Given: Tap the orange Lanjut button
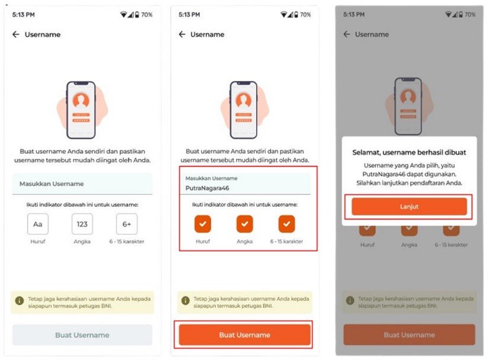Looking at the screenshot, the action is (409, 206).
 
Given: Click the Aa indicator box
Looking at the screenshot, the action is (38, 224).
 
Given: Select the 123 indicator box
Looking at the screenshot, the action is (82, 224).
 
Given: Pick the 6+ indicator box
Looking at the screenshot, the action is (127, 224).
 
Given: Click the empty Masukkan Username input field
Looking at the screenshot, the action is (82, 184).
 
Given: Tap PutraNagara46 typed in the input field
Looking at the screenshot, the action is (207, 188).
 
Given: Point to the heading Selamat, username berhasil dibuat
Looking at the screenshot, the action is (409, 152).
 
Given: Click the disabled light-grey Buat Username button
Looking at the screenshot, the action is (82, 335).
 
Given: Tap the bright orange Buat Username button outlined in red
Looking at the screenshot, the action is (245, 335).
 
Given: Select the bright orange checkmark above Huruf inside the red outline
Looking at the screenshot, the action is (203, 224).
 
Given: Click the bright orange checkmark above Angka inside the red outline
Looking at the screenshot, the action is (245, 224).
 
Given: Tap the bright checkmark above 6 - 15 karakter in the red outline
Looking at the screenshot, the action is (287, 224).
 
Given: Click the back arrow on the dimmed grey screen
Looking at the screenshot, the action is (347, 34).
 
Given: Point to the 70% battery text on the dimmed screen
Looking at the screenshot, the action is (470, 15).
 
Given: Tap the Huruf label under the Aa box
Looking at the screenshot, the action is (38, 241).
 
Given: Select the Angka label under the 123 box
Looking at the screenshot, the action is (82, 241).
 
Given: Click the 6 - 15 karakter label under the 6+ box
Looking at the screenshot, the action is (127, 241).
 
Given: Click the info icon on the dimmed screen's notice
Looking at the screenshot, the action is (350, 301).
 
